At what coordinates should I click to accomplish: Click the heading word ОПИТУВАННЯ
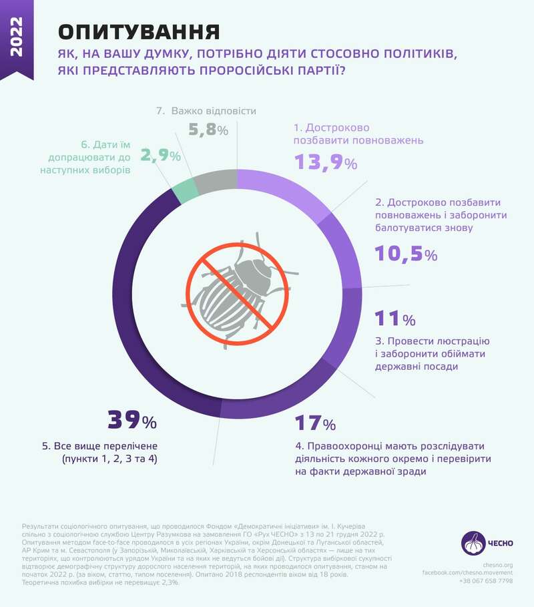[x=140, y=32]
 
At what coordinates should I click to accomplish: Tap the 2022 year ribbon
[x=17, y=38]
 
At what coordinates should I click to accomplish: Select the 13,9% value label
[x=326, y=162]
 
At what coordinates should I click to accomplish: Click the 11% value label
[x=394, y=317]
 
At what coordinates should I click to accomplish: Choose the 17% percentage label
[x=315, y=423]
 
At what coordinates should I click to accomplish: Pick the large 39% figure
[x=131, y=420]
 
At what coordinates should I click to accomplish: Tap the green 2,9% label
[x=160, y=156]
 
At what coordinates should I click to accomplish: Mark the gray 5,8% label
[x=208, y=130]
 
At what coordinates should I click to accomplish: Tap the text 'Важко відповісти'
[x=214, y=111]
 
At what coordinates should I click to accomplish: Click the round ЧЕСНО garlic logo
[x=473, y=542]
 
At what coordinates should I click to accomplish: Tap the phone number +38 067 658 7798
[x=486, y=581]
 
